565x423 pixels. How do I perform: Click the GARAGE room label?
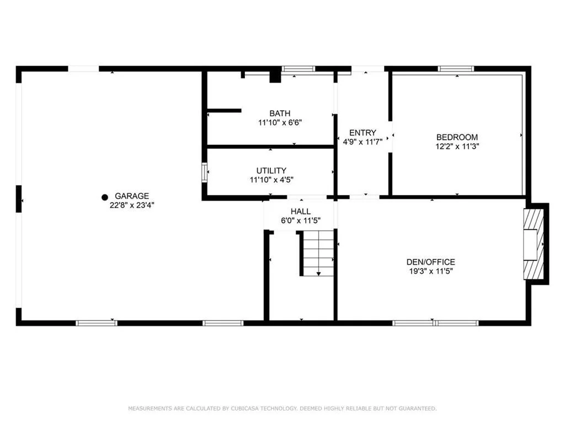pos(132,196)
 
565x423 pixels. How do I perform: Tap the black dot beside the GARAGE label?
pos(105,197)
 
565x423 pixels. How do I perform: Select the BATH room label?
pos(280,113)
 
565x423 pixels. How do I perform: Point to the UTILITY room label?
pos(271,171)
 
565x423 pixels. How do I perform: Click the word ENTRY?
pos(363,132)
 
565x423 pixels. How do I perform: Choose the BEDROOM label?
pos(457,137)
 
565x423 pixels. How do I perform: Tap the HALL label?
pos(301,211)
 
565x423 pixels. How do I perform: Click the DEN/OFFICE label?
pos(431,262)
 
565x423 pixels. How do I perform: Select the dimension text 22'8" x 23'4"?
pos(132,205)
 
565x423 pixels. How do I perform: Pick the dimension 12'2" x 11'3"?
pos(457,147)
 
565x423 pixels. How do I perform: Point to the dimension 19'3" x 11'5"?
pos(431,271)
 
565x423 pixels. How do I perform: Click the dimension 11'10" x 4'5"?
pos(271,180)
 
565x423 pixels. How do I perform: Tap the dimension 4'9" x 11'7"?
pos(363,142)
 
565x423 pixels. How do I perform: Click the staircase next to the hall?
pos(317,253)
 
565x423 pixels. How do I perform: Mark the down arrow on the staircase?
pos(318,274)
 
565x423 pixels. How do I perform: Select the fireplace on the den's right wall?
pos(533,245)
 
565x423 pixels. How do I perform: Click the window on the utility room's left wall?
pos(205,172)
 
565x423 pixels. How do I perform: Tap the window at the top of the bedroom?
pos(456,69)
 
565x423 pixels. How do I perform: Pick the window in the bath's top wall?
pos(298,69)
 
